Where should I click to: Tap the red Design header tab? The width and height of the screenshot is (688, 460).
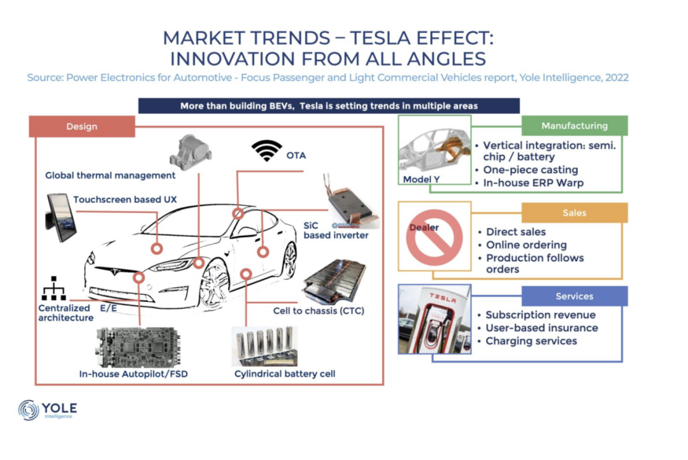click(x=82, y=126)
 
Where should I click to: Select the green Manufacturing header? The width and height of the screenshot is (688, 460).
click(x=575, y=126)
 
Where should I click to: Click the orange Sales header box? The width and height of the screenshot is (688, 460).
click(x=575, y=213)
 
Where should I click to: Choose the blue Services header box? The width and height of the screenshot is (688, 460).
click(x=575, y=296)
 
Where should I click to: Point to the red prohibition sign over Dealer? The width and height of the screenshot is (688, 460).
click(x=434, y=238)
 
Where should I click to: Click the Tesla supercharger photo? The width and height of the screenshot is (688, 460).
click(x=434, y=319)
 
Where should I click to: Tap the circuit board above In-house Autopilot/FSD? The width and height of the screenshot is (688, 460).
click(x=138, y=347)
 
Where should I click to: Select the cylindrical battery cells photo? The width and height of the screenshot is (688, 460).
click(x=264, y=347)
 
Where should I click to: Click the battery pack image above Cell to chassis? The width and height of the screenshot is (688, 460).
click(x=334, y=282)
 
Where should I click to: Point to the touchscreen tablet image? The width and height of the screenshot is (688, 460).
click(x=61, y=217)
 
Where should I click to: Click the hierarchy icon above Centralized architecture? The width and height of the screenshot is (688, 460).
click(x=54, y=289)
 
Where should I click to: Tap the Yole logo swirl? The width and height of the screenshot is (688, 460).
click(x=29, y=410)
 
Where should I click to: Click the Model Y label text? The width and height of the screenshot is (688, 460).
click(x=421, y=179)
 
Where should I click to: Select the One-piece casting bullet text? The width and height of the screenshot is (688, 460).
click(x=531, y=170)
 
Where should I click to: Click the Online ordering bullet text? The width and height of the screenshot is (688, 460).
click(x=526, y=245)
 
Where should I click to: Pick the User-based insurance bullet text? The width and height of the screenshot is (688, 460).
click(x=541, y=328)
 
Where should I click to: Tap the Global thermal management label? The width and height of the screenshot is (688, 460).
click(x=110, y=176)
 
